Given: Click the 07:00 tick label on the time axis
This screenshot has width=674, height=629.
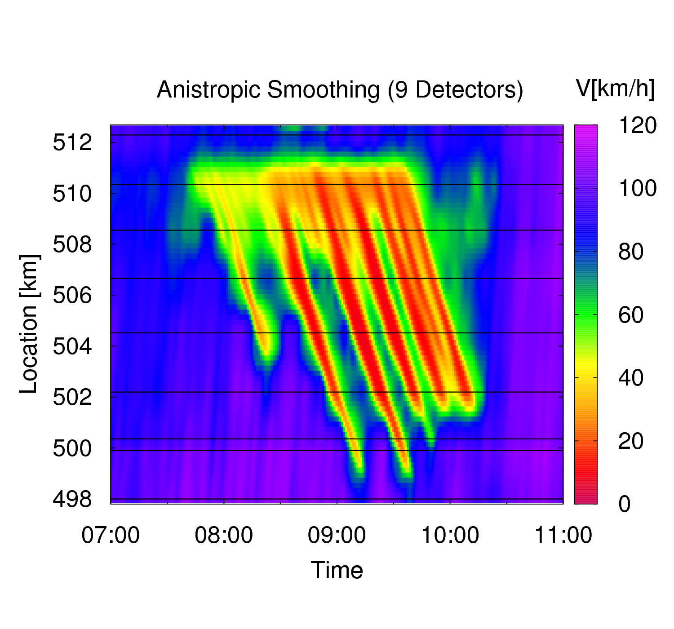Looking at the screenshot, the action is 111,535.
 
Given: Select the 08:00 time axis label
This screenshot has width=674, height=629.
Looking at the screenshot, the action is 224,535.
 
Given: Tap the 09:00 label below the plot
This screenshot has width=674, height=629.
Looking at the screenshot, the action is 337,535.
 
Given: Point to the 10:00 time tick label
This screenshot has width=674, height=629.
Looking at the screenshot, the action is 450,535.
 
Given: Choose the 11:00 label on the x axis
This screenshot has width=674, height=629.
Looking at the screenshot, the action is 563,535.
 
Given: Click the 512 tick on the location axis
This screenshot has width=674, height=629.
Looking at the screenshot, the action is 72,142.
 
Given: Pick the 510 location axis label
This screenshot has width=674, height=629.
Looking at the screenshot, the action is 72,194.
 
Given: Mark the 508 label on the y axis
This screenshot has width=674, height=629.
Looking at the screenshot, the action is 72,244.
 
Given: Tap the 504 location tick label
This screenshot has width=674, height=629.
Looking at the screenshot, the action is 72,346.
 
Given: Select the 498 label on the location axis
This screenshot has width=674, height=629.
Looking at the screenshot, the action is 72,499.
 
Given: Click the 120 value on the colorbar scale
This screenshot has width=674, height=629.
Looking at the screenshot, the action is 638,125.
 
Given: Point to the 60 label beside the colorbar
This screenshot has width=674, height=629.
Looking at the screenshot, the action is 630,314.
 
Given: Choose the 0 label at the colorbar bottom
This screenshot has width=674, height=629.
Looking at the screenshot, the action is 625,504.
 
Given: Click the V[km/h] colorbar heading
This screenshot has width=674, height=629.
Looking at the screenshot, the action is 615,89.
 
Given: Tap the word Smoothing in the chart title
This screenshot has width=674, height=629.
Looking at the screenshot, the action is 324,90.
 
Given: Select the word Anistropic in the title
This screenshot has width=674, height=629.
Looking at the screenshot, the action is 208,90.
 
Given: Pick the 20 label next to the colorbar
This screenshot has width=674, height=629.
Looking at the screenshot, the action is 630,441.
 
